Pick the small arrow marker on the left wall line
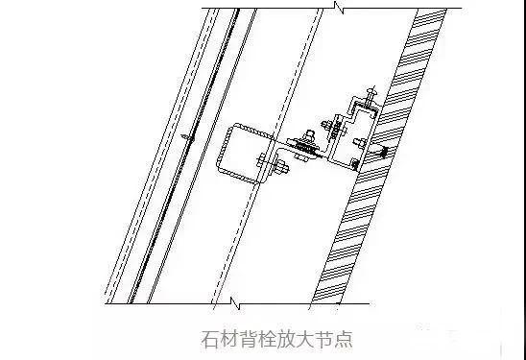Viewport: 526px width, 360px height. tap(183, 139)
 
